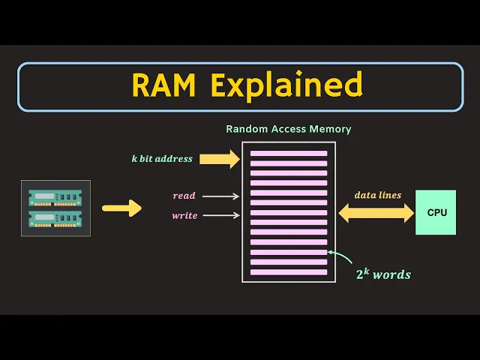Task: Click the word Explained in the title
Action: [286, 86]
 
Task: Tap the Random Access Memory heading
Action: [288, 129]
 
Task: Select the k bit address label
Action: [161, 158]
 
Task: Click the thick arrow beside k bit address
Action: [220, 158]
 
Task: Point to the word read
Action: [184, 196]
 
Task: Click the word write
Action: [184, 215]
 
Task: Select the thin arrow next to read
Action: [220, 196]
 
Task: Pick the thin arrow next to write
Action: [220, 216]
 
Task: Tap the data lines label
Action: [377, 195]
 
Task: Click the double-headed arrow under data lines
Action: [376, 213]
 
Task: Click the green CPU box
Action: [436, 212]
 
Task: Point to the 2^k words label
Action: [383, 274]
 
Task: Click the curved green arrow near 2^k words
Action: [341, 259]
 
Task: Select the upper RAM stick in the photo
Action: [55, 197]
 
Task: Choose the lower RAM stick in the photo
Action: [55, 219]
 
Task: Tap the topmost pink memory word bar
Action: [289, 154]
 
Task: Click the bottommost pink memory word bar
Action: [289, 271]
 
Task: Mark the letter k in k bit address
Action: [133, 158]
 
